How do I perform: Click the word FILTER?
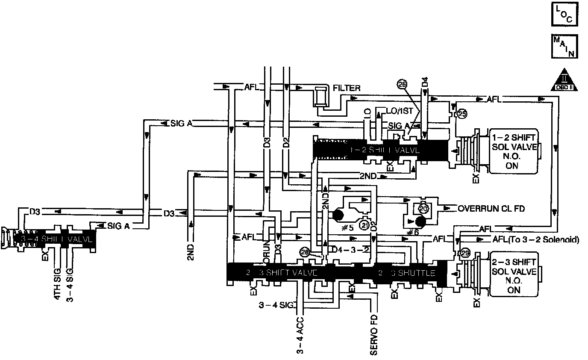pos(347,89)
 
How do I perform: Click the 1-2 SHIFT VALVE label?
pos(385,150)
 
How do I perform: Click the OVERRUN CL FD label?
pos(491,209)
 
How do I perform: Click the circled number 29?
pos(465,253)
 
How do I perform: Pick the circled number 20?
pos(423,208)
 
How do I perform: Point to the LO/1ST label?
pos(400,111)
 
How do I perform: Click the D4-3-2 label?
pos(351,250)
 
